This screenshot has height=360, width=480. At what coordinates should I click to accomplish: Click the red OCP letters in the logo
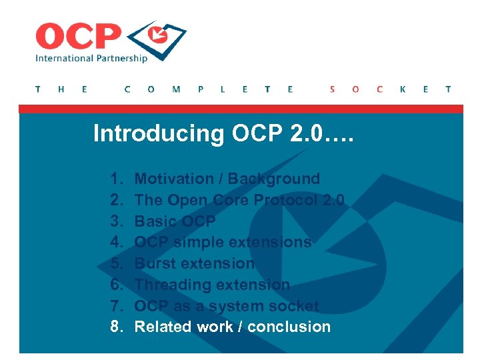click(x=79, y=36)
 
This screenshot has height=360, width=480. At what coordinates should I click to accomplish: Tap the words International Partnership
click(x=91, y=58)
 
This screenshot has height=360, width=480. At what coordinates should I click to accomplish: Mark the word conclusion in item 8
click(x=293, y=327)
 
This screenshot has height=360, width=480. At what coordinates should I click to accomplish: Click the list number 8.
click(x=117, y=327)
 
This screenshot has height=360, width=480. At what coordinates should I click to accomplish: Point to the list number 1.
click(x=117, y=179)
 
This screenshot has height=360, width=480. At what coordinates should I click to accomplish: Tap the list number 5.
click(x=117, y=263)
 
